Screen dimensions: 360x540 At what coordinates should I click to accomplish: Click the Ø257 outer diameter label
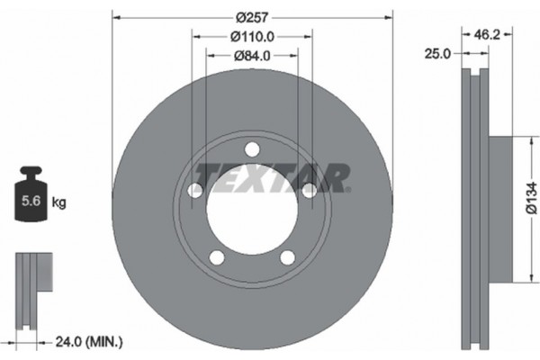253,17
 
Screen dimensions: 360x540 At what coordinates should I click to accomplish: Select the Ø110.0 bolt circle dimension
252,37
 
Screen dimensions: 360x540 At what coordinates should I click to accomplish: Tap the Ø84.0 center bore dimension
252,56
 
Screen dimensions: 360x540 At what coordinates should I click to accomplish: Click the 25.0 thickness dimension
437,55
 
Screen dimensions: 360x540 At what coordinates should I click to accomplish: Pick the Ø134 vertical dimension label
530,199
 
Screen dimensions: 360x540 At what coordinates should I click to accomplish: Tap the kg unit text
60,203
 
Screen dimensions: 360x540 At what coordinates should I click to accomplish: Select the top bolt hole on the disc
252,149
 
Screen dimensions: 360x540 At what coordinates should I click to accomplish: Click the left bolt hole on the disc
195,191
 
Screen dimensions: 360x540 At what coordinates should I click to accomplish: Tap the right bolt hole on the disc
309,191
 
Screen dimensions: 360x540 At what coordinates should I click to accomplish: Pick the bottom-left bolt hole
217,257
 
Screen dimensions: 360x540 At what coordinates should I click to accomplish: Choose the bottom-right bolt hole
287,257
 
